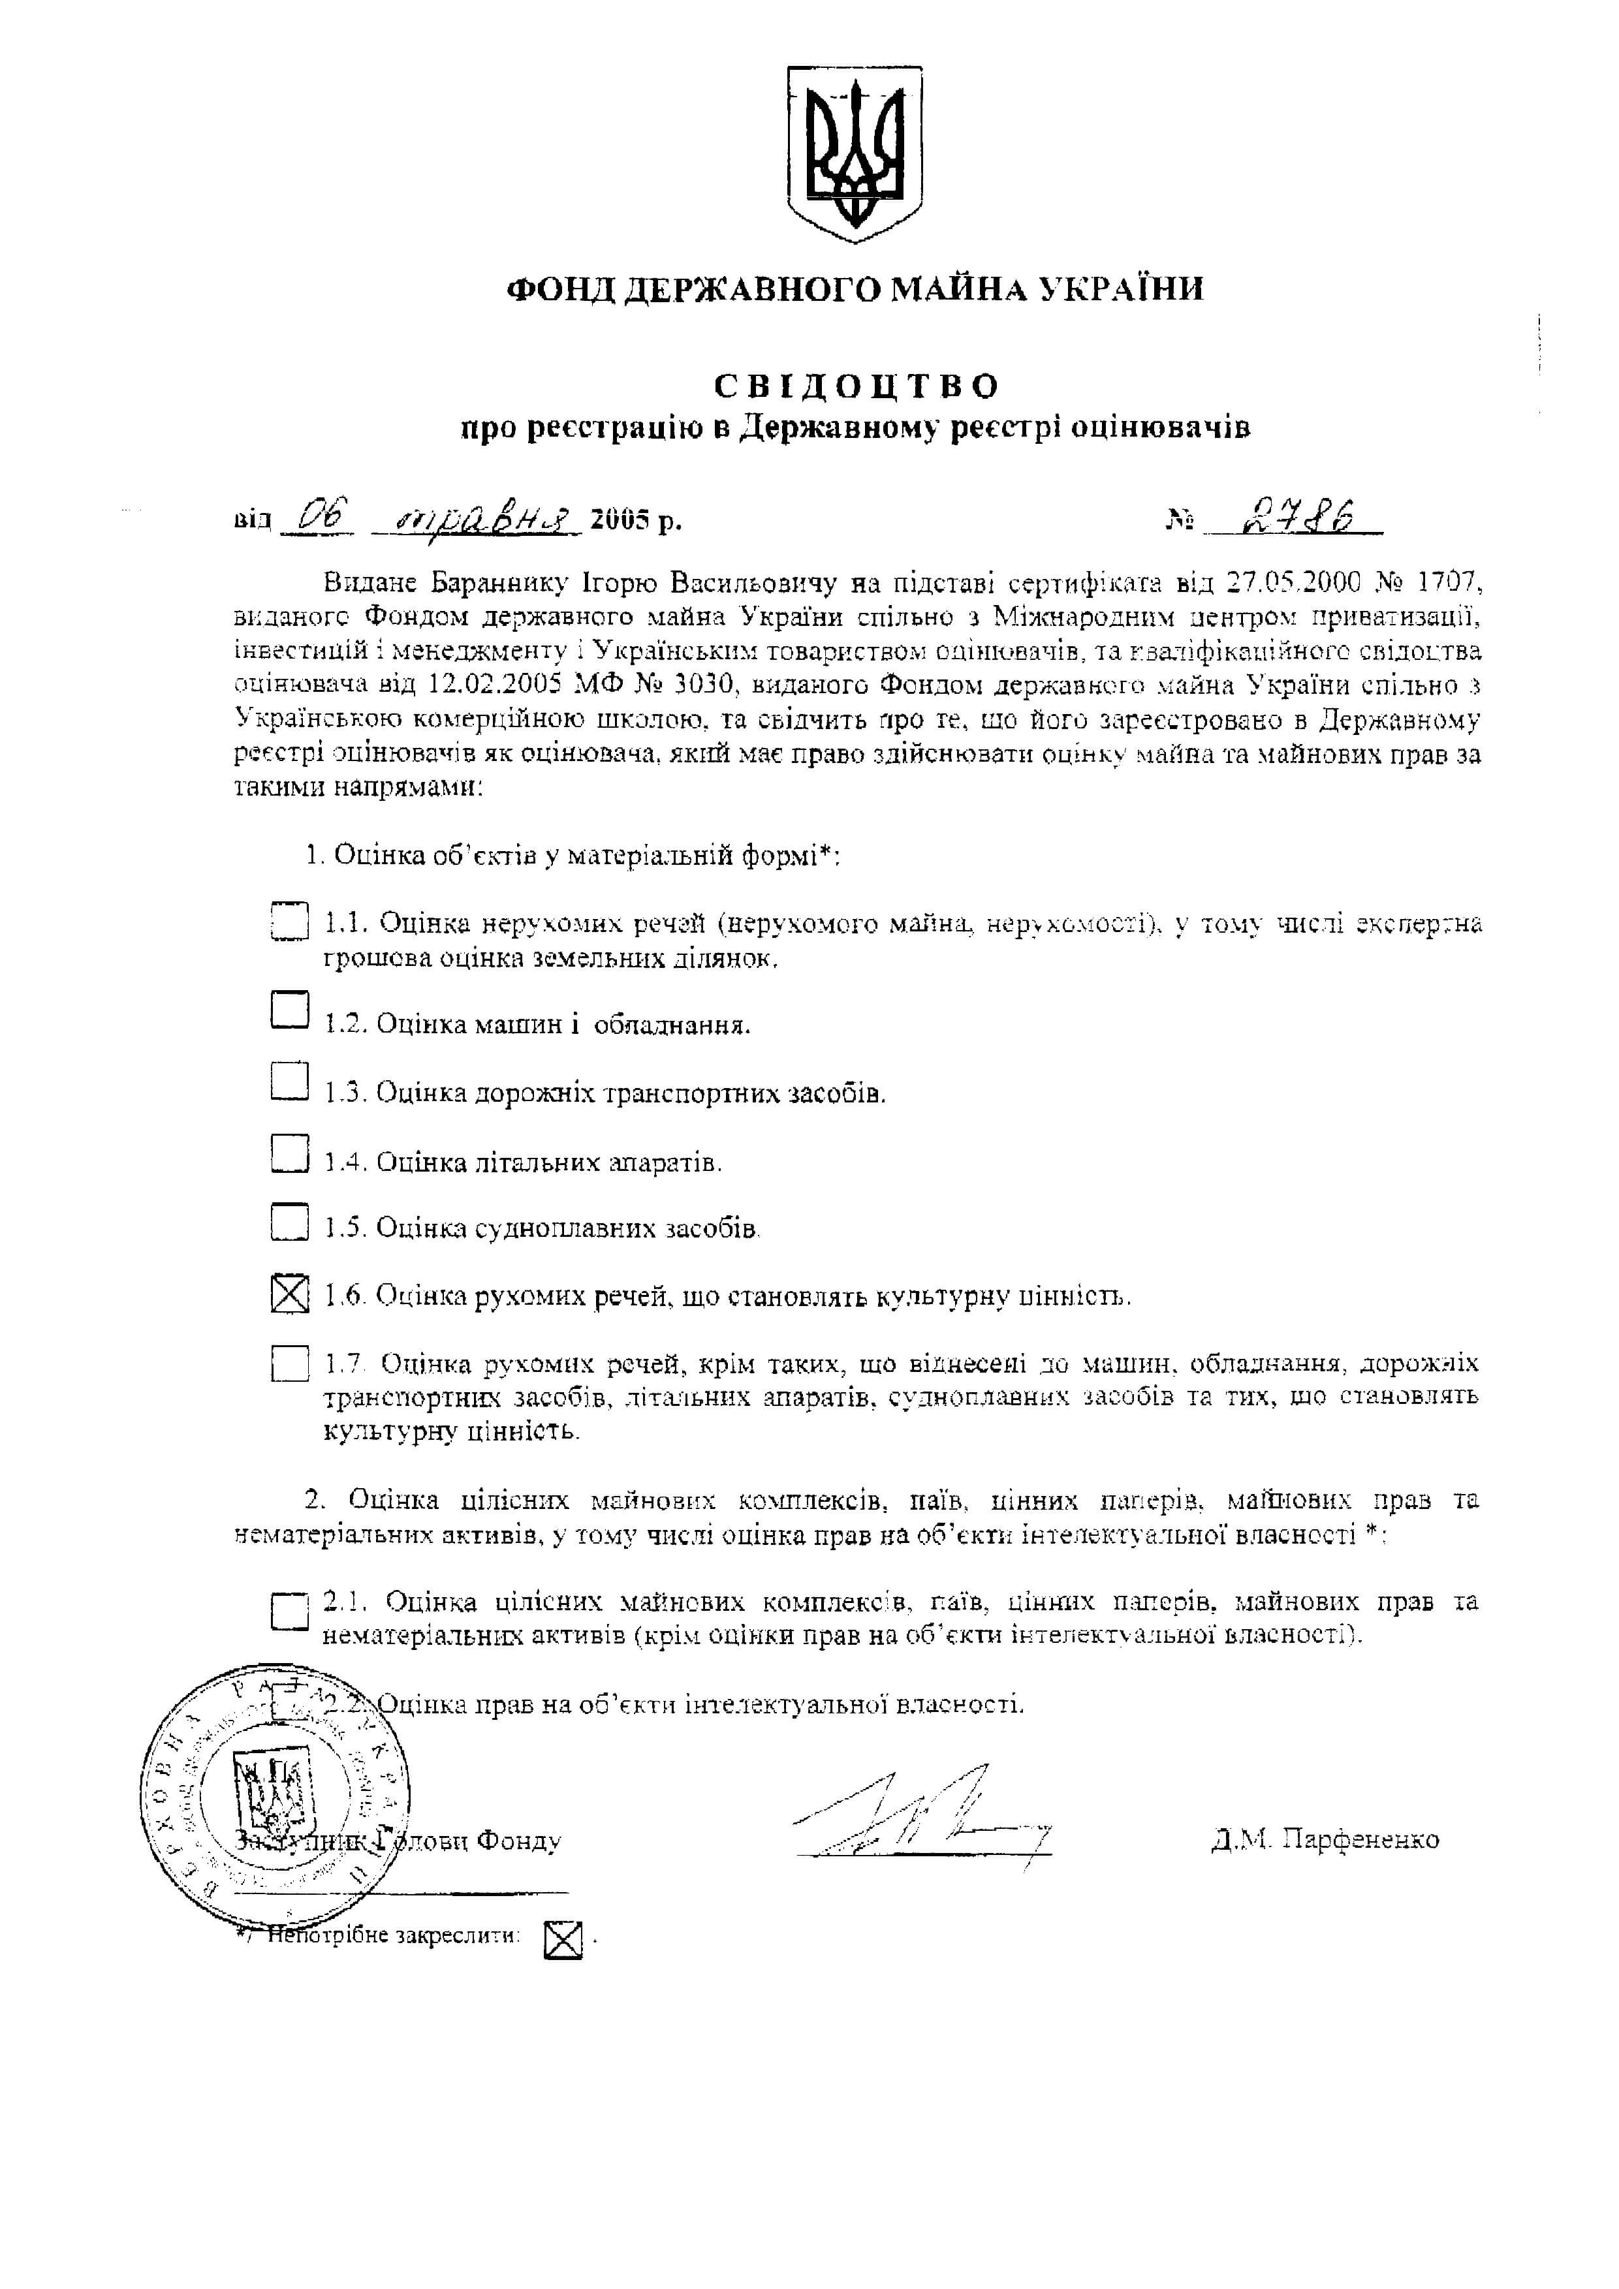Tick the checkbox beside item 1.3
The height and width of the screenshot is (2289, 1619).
(289, 1080)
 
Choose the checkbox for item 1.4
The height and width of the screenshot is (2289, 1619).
(289, 1153)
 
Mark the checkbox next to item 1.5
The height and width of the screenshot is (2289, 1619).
(289, 1221)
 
